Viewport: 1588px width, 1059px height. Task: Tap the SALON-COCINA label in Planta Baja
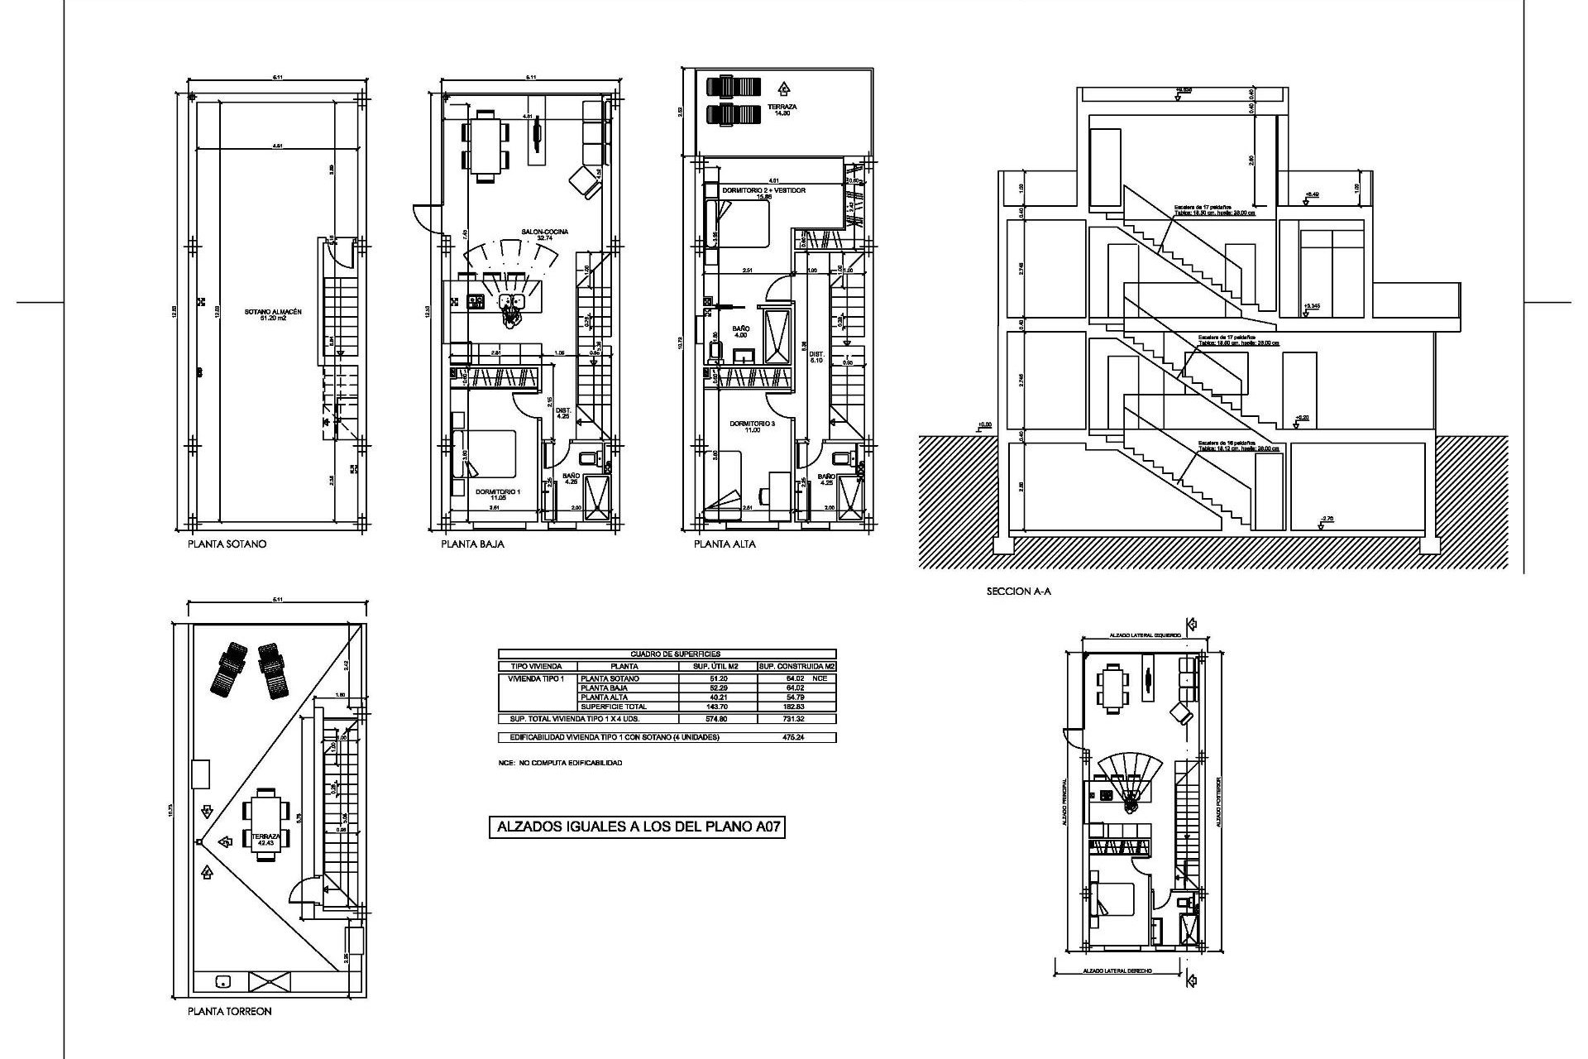[544, 235]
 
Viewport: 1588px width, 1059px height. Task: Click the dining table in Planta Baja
[485, 146]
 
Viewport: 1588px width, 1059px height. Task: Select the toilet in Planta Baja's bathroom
[588, 457]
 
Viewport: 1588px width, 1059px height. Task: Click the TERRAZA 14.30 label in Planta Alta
[782, 110]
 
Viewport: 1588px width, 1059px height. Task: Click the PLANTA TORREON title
[229, 1011]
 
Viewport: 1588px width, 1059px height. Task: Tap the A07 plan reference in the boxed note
[766, 827]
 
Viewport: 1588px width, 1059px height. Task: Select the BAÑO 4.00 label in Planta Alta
[740, 332]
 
